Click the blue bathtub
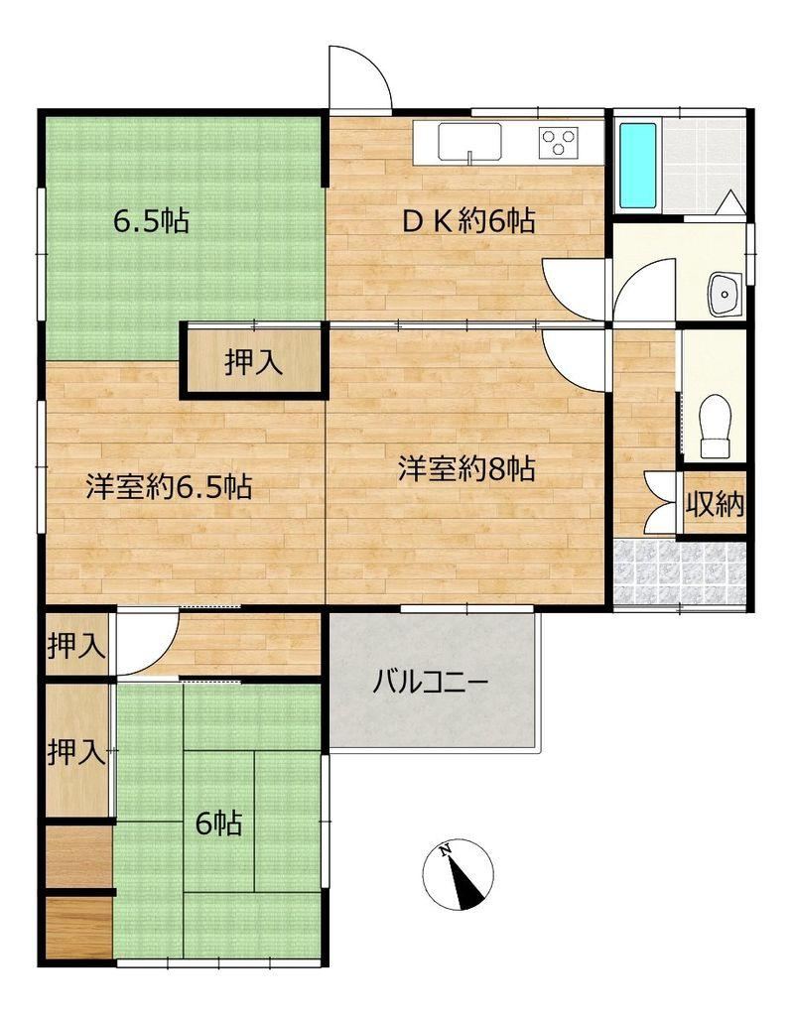click(x=637, y=166)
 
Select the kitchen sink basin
click(x=469, y=141)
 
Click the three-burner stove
click(x=559, y=142)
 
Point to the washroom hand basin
click(x=725, y=295)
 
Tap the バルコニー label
click(x=430, y=684)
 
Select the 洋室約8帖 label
click(x=466, y=468)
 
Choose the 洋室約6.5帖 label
click(x=170, y=486)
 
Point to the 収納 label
click(x=716, y=503)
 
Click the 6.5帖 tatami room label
click(x=152, y=221)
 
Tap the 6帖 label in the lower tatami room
click(x=219, y=824)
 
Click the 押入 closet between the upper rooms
click(x=253, y=361)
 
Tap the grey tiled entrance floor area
click(x=680, y=572)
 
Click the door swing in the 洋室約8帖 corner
click(x=574, y=359)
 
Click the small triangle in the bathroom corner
click(x=729, y=201)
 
